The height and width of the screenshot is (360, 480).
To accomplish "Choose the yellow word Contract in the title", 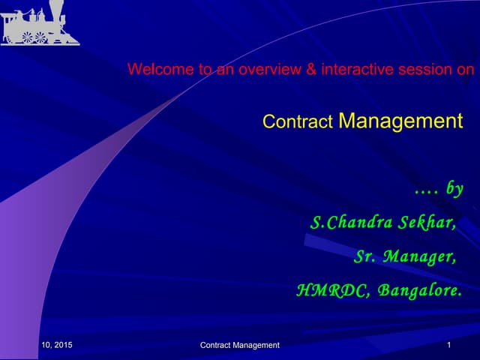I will [x=298, y=121].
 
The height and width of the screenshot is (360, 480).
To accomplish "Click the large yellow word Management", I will [x=400, y=120].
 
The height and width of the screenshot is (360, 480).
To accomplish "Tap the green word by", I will [x=454, y=189].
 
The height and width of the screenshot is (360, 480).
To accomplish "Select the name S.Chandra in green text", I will [x=349, y=223].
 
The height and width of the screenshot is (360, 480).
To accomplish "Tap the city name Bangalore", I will [x=418, y=290].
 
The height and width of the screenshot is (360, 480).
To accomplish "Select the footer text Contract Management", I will [x=240, y=345].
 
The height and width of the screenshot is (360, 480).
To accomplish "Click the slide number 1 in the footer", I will [x=448, y=345].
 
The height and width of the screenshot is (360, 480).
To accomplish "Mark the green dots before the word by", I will [x=426, y=191].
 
